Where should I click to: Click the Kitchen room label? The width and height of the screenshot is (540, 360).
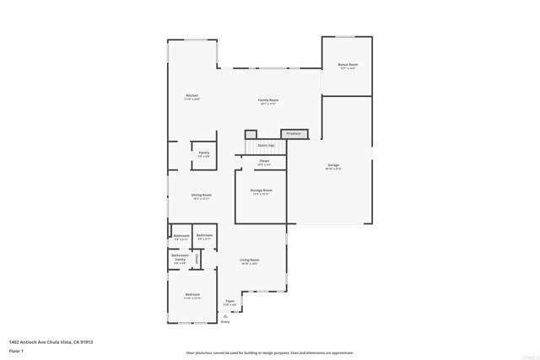pos(192,96)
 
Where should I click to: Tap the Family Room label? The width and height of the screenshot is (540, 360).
pos(269,100)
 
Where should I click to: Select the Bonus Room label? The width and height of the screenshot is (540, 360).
pos(348,65)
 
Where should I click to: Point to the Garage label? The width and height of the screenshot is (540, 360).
pos(333,165)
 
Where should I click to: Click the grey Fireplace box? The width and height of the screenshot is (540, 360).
pos(294,133)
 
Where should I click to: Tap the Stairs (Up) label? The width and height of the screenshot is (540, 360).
pos(266,145)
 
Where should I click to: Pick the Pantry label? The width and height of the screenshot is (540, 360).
pos(203,153)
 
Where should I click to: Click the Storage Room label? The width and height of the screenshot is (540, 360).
pos(261,191)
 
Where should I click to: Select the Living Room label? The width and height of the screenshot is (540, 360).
pos(249,261)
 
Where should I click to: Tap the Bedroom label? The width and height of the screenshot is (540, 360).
pos(193,295)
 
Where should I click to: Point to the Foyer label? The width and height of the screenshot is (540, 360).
pos(229,301)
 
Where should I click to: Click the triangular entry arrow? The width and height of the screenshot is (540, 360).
pos(224,316)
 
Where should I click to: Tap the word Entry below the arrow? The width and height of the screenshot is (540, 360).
pos(225,323)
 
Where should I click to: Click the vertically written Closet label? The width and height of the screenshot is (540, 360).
pos(197,259)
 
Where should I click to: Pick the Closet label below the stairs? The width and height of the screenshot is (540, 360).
pos(264,161)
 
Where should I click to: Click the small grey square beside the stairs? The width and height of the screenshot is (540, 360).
pos(251,134)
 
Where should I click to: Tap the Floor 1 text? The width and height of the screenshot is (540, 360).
pos(16,350)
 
